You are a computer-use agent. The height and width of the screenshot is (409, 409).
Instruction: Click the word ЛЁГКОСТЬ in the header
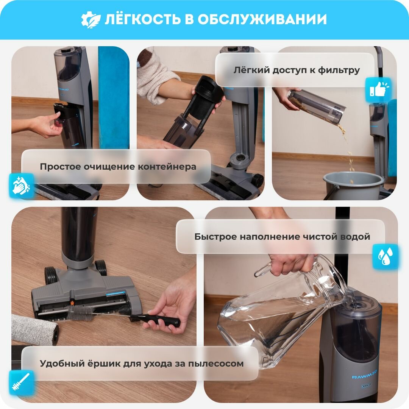[x=142, y=19]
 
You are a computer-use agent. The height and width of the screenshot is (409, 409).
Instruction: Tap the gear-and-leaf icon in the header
[x=91, y=20]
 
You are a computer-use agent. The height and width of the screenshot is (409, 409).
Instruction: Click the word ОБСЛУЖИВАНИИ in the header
[x=262, y=19]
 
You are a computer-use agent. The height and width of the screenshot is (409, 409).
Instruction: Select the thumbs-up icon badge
[x=378, y=89]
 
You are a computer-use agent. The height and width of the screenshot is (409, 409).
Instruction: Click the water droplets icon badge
[x=385, y=256]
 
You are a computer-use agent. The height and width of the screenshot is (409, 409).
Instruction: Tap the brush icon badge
[x=22, y=382]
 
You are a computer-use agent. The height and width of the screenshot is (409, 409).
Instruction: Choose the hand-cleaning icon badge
[x=22, y=186]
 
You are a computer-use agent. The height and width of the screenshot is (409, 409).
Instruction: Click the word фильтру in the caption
[x=339, y=70]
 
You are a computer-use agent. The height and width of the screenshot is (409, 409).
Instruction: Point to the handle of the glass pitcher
[x=264, y=270]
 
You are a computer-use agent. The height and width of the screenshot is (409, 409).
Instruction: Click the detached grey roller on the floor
[x=35, y=329]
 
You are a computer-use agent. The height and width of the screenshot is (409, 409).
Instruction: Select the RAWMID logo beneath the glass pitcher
[x=364, y=376]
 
